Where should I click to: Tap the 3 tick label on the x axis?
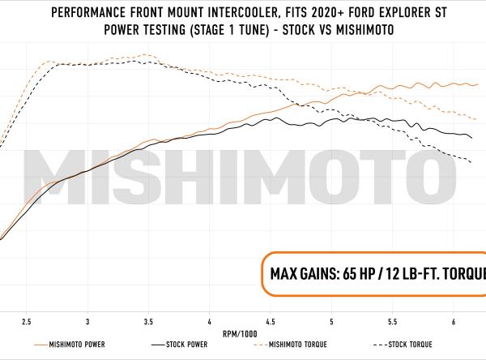(87, 321)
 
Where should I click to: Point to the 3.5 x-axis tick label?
(148, 321)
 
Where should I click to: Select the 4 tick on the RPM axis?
(210, 321)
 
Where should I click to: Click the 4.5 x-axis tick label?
(271, 321)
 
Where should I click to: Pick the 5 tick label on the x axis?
(332, 321)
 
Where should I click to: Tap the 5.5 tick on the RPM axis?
(393, 321)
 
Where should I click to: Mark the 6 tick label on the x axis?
(454, 321)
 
